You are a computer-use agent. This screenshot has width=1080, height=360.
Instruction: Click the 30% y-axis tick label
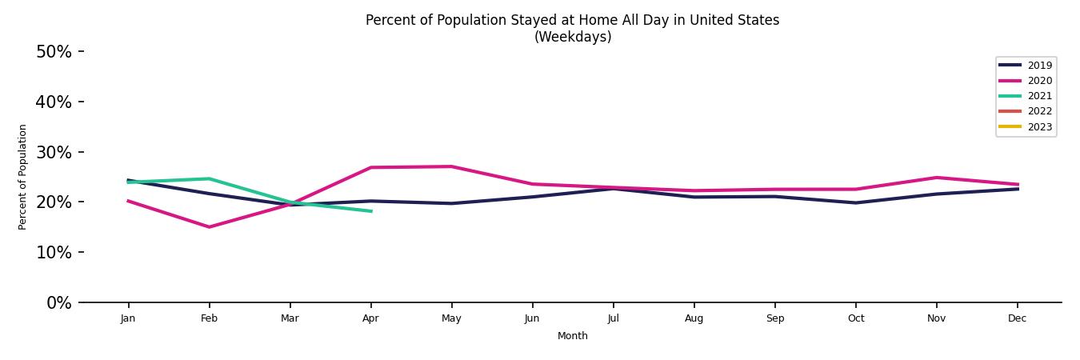coord(54,152)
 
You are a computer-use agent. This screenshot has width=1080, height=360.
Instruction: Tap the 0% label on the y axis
coord(58,302)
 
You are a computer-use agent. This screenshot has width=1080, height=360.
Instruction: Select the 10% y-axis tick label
coord(54,252)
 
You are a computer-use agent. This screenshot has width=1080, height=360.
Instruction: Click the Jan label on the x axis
coord(128,318)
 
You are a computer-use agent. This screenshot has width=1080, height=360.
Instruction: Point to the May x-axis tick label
coord(451,318)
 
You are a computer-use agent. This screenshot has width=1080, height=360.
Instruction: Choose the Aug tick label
coord(694,318)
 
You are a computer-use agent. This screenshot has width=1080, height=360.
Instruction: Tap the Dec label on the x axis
coord(1017,318)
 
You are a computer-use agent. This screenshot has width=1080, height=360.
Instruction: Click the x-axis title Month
coord(572,336)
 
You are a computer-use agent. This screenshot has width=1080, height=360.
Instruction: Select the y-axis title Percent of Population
coord(23,177)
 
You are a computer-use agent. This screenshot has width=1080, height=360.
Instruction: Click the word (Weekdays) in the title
coord(572,37)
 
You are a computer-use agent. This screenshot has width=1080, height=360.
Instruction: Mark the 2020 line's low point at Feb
coord(209,227)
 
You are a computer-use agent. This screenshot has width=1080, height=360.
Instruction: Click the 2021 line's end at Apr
coord(370,211)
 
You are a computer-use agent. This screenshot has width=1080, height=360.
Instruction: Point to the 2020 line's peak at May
coord(451,166)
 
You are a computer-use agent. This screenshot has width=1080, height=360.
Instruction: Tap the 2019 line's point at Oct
coord(855,202)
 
